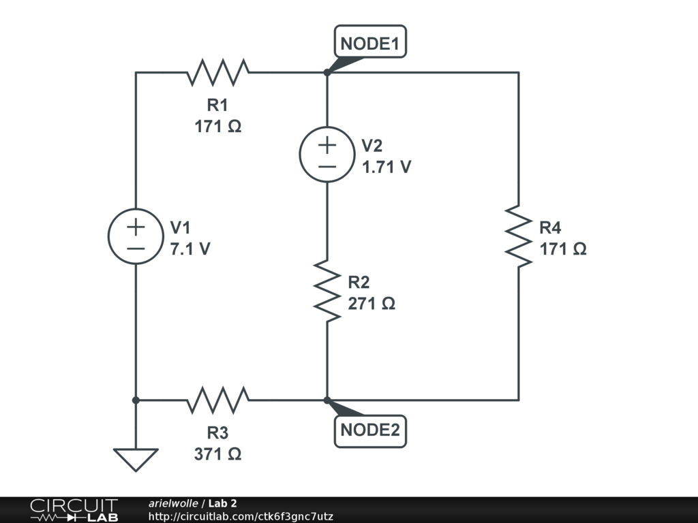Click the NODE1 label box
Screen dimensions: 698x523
coord(370,42)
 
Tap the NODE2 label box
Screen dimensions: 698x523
coord(370,431)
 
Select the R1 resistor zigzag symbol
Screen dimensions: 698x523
coord(217,72)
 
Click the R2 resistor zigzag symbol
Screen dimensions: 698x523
coord(327,291)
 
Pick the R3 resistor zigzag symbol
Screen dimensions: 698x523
coord(217,400)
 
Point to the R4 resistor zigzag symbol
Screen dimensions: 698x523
coord(519,236)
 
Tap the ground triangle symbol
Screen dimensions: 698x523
coord(136,460)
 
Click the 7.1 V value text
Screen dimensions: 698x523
coord(190,249)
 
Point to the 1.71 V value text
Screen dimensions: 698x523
coord(386,168)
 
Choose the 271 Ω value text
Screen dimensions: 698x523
coord(371,304)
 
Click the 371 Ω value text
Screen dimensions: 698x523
coord(217,454)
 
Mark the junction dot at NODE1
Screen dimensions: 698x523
coord(327,72)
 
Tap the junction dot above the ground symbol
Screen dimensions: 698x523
coord(136,400)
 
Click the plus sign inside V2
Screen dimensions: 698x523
coord(327,146)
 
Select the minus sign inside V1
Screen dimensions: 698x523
coord(136,249)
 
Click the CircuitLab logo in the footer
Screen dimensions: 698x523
coord(74,510)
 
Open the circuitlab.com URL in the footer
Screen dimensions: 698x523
coord(241,516)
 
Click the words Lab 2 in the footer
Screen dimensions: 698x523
coord(223,503)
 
